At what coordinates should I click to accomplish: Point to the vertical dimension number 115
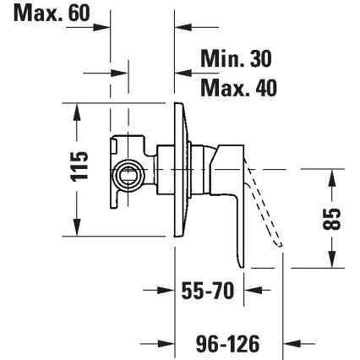click(x=79, y=167)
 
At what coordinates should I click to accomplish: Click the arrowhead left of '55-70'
click(x=166, y=292)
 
